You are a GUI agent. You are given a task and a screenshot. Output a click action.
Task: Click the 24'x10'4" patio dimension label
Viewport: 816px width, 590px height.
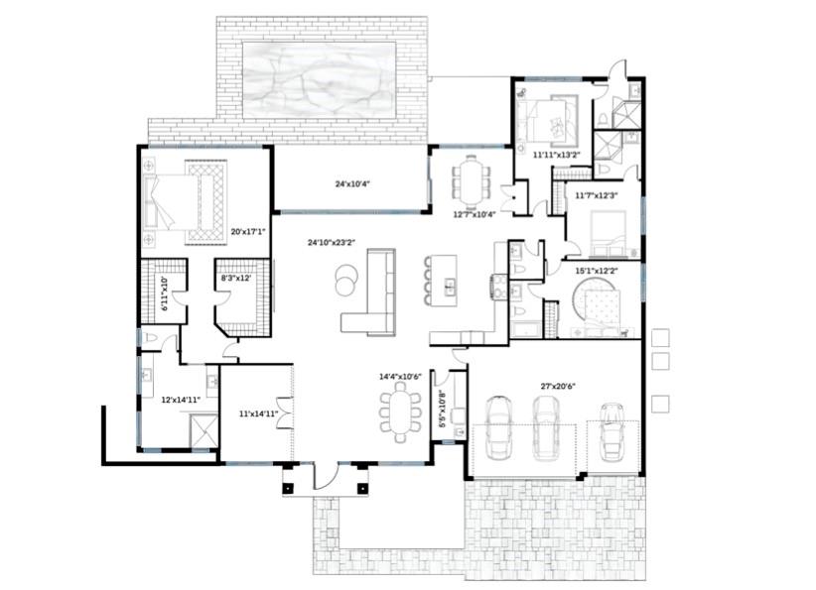351,183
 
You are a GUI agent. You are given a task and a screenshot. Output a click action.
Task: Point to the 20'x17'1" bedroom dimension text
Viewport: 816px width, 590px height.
247,231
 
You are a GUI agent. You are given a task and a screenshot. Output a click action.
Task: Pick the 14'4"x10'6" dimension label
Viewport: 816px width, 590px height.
400,377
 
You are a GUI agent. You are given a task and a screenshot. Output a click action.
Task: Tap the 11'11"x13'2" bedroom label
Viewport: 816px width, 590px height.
555,155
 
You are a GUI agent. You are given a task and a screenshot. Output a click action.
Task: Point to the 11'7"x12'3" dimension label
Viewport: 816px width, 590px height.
597,195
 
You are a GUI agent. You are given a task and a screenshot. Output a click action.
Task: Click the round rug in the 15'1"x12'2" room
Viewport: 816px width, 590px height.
602,301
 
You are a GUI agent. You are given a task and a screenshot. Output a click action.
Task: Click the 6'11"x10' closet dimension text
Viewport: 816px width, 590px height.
165,295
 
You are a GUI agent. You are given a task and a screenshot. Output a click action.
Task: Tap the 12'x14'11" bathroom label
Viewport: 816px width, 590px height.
181,400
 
